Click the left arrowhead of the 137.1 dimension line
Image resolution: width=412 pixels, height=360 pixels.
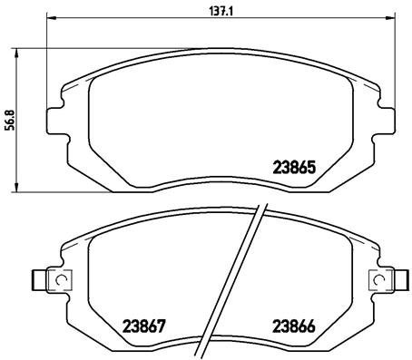click(50, 19)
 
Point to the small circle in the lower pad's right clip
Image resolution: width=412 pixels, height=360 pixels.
click(362, 282)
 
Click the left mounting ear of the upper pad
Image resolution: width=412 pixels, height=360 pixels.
click(58, 120)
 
